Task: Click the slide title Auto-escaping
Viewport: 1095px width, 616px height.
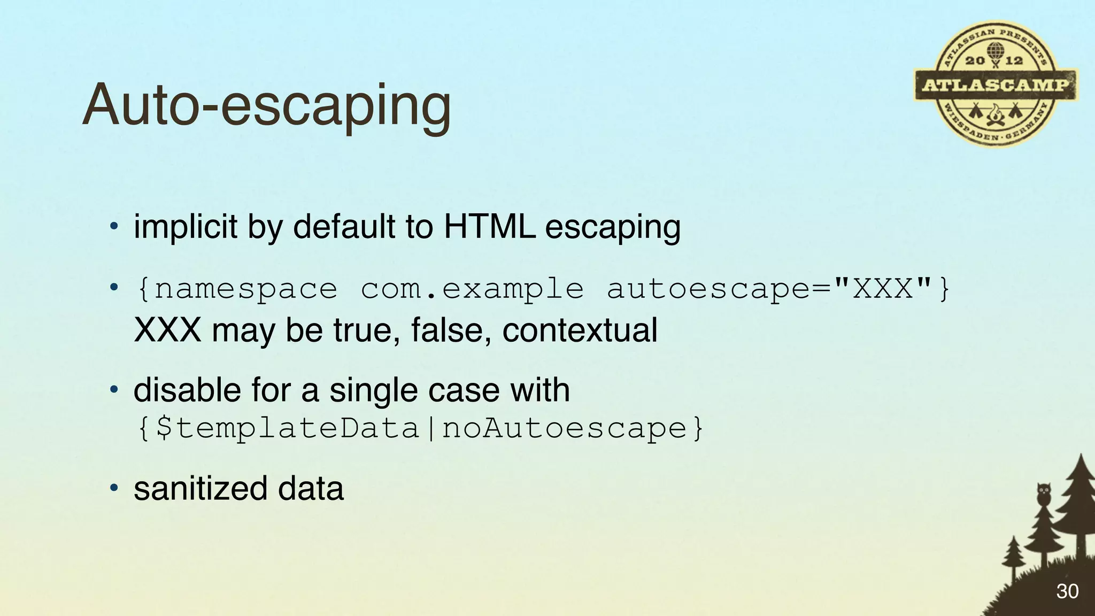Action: tap(266, 105)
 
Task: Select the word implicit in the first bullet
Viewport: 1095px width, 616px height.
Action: tap(185, 227)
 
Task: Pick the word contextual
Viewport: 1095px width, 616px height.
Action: tap(580, 330)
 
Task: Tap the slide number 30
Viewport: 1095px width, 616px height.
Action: tap(1067, 591)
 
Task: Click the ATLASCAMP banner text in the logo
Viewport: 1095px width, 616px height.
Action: tap(996, 85)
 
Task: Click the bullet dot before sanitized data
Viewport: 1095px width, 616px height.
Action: tap(113, 488)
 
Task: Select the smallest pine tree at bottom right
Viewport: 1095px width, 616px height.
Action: tap(1012, 556)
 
